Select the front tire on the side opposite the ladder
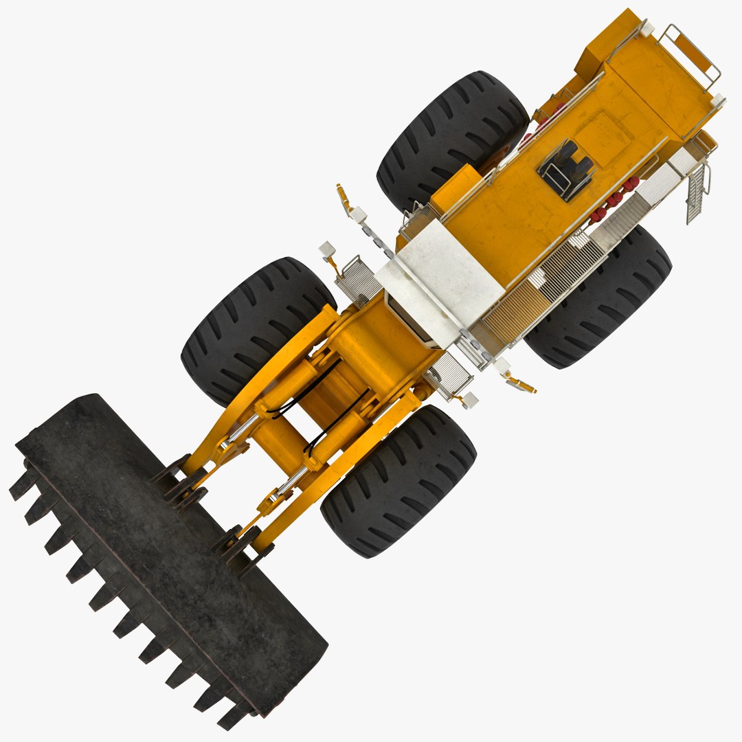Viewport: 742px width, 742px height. point(258,330)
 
